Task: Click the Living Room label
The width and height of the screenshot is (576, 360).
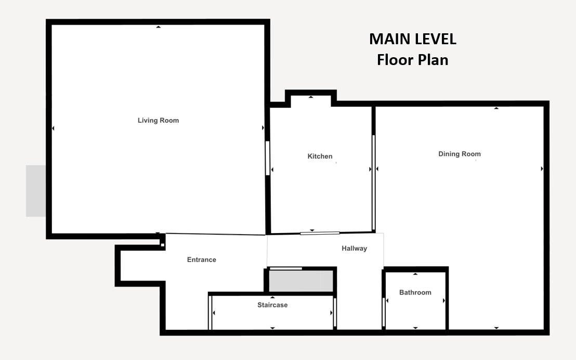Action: [159, 120]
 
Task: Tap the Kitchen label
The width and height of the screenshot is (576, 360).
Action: [320, 156]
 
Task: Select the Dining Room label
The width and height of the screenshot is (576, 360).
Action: [460, 154]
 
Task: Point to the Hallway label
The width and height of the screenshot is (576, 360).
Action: [355, 249]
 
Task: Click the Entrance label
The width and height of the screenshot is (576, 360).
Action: [202, 260]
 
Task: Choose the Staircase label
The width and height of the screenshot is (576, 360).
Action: [272, 305]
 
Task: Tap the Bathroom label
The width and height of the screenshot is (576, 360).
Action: [415, 292]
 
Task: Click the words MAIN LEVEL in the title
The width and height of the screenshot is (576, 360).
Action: [413, 39]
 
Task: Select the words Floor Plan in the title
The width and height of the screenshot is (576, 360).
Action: [413, 60]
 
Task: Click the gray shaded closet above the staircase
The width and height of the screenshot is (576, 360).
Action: [301, 281]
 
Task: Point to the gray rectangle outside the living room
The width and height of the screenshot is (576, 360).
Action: [36, 191]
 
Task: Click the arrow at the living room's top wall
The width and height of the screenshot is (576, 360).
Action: [159, 27]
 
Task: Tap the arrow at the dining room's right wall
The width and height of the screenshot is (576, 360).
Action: [542, 169]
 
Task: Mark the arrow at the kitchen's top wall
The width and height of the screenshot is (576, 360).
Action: [311, 97]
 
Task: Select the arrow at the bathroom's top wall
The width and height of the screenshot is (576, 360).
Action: [415, 274]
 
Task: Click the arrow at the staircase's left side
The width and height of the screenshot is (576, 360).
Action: [214, 313]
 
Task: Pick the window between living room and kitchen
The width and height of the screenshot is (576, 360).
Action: [267, 158]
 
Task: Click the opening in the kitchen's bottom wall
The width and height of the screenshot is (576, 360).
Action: [320, 233]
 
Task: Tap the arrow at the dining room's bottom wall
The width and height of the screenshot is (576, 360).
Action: [496, 328]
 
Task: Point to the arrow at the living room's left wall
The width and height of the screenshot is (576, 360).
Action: [53, 128]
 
